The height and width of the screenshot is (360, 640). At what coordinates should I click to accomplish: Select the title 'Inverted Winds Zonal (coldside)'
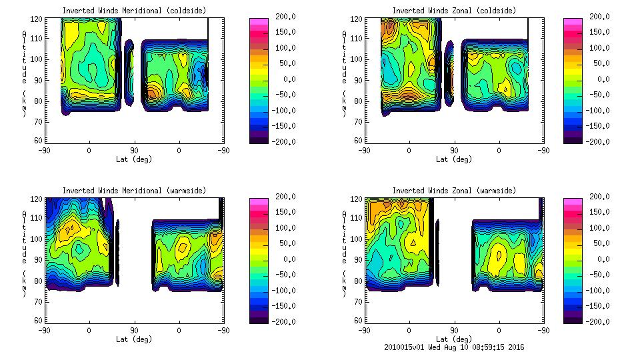point(454,11)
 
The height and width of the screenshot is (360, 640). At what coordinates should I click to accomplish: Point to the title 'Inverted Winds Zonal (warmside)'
point(454,191)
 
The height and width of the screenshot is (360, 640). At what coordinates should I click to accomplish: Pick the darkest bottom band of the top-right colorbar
point(573,139)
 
